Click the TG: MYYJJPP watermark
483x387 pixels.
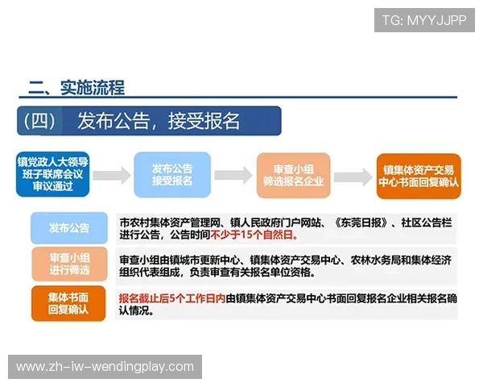425,19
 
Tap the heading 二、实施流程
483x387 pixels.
76,88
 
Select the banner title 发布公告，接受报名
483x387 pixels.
159,121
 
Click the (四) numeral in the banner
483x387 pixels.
39,121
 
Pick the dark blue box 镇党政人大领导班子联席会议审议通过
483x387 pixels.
53,174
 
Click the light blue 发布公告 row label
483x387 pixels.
68,228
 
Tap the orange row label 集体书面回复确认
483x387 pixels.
68,304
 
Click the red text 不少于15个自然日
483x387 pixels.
254,235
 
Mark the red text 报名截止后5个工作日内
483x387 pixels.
171,298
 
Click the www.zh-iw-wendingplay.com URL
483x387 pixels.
105,367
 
